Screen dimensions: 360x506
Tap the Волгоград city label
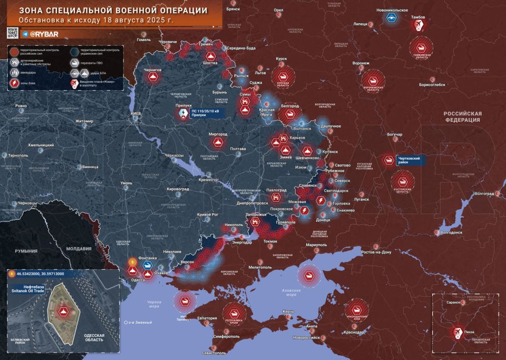coord(485,193)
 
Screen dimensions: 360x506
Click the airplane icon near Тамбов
coord(420,26)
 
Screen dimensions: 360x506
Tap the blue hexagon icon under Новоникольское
coord(392,17)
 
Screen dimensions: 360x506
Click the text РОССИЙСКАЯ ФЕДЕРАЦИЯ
coord(462,116)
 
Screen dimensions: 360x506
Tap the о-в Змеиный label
coord(138,322)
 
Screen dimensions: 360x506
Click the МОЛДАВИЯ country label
coord(79,249)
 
